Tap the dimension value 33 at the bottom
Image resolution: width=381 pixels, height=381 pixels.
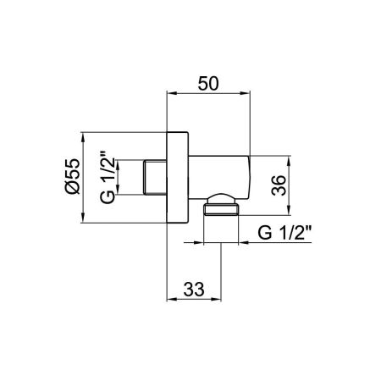point(195,290)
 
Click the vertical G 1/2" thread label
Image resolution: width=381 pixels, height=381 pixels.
point(107,177)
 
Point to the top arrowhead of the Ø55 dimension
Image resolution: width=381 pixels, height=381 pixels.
point(84,135)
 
